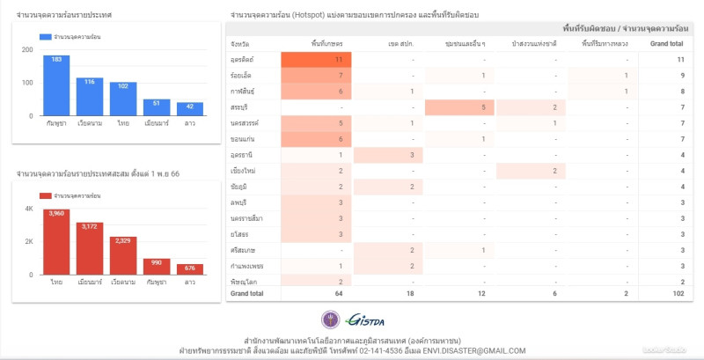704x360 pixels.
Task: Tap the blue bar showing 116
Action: (89, 97)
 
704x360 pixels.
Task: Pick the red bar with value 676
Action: (189, 269)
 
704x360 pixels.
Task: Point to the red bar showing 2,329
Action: (123, 256)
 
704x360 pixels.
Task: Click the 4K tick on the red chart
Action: (28, 209)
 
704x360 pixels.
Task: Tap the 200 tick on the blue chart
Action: (27, 49)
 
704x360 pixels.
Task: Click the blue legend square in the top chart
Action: (46, 37)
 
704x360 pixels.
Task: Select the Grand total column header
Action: (666, 43)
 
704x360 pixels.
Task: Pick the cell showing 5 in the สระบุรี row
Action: (458, 107)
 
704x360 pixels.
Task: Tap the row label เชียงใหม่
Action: (244, 170)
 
